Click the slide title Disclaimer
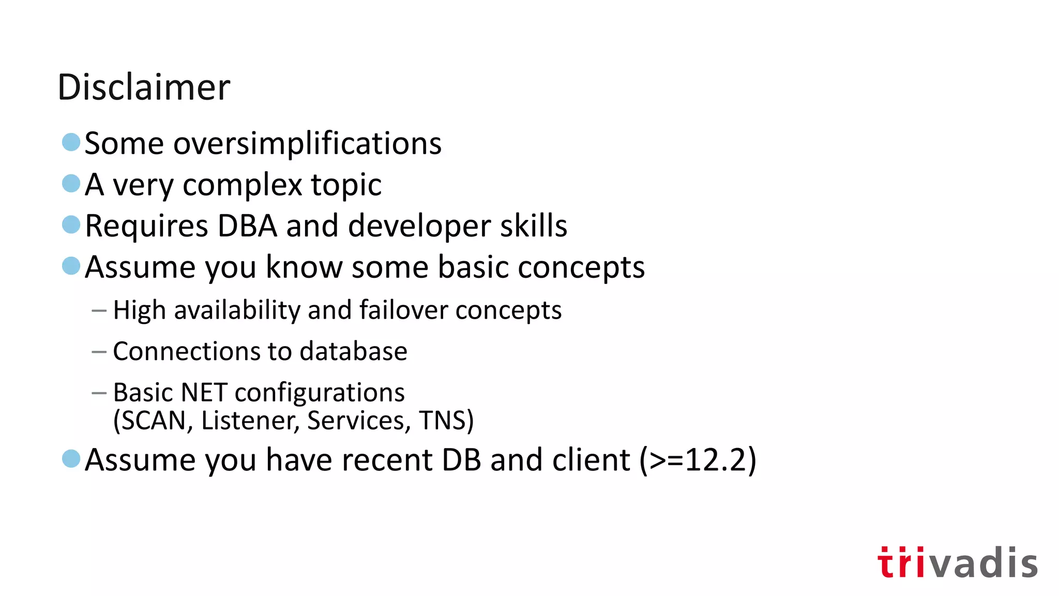coord(144,87)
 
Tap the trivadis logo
coord(957,562)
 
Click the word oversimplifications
coord(307,143)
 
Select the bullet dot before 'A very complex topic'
coord(71,183)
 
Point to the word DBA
coord(247,226)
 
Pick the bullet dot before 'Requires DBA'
coord(71,225)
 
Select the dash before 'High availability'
coord(99,311)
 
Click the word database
coord(353,351)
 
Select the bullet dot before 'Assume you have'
coord(71,458)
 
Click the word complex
coord(242,185)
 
